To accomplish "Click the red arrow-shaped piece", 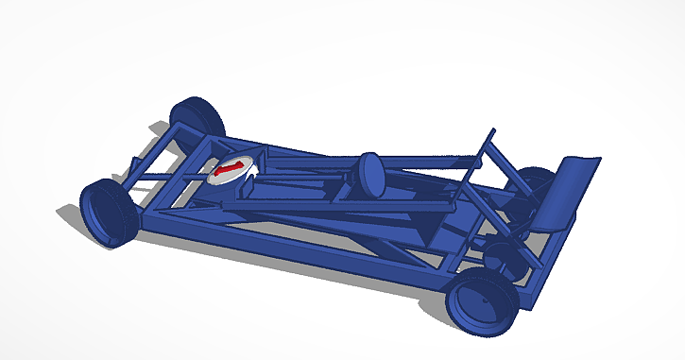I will tap(228, 170).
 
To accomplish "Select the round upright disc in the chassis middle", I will tap(368, 174).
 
